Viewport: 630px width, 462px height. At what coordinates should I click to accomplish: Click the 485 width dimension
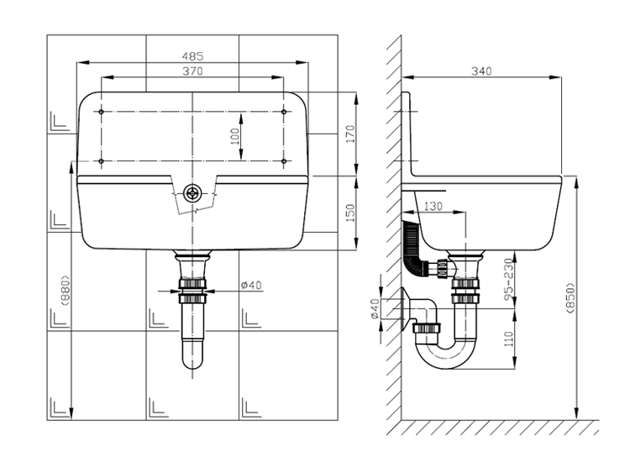click(193, 55)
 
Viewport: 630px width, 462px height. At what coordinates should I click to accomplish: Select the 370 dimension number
click(193, 71)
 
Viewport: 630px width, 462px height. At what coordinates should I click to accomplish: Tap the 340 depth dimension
click(481, 71)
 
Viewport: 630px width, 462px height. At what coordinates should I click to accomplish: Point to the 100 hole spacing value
click(235, 136)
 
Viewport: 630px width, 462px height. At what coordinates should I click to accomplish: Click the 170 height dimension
click(351, 134)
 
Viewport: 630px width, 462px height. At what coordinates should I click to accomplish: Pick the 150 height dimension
click(351, 213)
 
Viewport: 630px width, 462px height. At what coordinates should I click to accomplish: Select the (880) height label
click(65, 290)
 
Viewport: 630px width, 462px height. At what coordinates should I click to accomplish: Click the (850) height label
click(571, 298)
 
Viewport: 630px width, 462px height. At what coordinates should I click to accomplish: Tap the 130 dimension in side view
click(433, 206)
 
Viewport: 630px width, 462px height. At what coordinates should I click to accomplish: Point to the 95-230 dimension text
click(509, 279)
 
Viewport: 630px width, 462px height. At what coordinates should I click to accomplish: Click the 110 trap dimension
click(509, 339)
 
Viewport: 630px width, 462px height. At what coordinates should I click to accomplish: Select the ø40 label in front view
click(251, 285)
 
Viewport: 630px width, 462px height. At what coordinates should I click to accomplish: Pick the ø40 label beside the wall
click(375, 308)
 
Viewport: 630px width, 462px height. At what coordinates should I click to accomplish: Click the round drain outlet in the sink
click(192, 193)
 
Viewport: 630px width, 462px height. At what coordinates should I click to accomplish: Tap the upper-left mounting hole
click(102, 112)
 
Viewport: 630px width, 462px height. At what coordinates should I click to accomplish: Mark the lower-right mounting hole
click(284, 161)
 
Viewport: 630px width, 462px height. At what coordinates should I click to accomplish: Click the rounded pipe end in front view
click(192, 359)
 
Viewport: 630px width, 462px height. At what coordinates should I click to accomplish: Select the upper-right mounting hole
click(284, 112)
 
